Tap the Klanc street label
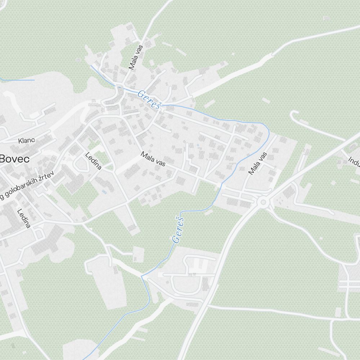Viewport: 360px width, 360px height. click(x=27, y=140)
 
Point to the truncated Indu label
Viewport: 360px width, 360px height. click(x=354, y=160)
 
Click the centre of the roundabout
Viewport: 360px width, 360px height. click(x=264, y=202)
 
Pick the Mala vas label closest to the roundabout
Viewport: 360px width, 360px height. click(x=258, y=164)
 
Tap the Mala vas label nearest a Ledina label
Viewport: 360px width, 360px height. click(x=153, y=159)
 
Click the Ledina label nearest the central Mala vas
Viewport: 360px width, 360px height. click(x=93, y=161)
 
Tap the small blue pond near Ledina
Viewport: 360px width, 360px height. click(x=104, y=192)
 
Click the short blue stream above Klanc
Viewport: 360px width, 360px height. click(x=18, y=80)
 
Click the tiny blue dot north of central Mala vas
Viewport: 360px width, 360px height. click(x=197, y=145)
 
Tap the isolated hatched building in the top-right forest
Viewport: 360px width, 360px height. click(x=327, y=18)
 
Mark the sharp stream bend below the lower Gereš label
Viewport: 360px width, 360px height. click(x=141, y=276)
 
